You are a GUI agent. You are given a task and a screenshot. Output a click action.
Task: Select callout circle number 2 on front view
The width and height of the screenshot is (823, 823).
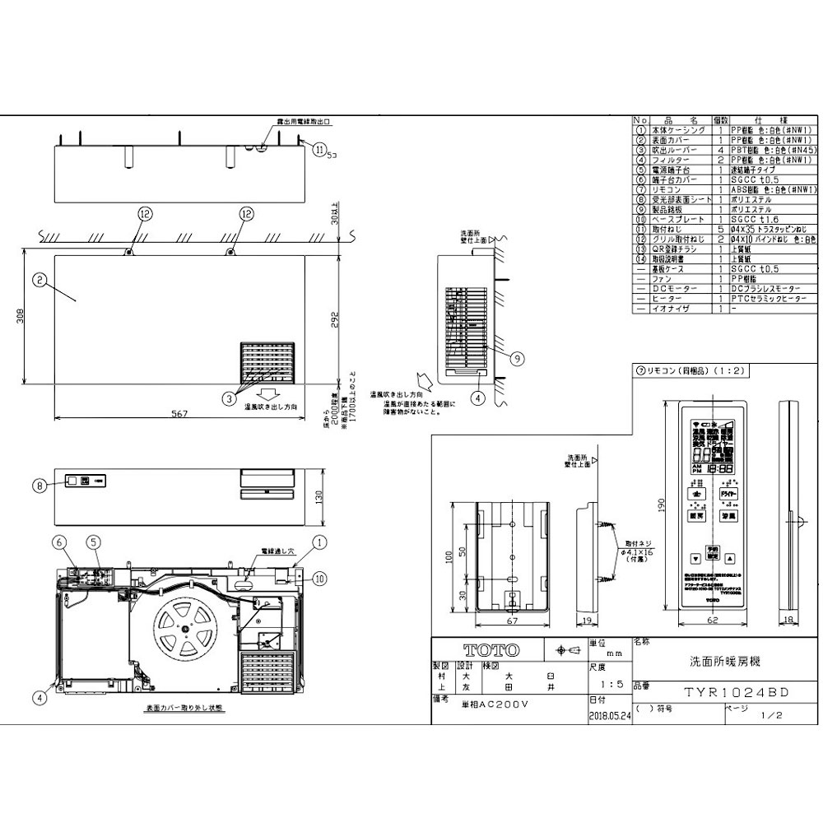tap(39, 280)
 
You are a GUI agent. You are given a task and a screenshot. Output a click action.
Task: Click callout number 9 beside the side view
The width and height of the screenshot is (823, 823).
tap(516, 358)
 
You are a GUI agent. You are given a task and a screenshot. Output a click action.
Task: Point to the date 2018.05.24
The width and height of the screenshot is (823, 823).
tap(609, 715)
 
